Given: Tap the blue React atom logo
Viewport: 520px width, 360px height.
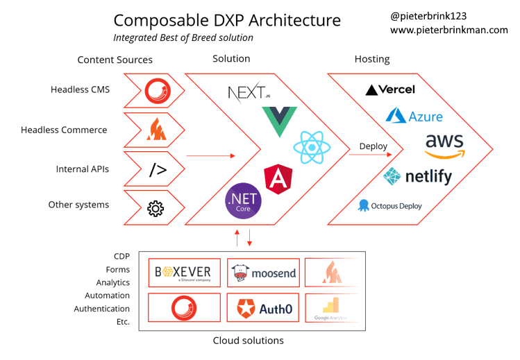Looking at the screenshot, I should point(312,148).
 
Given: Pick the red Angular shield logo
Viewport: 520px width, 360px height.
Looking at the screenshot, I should point(278,178).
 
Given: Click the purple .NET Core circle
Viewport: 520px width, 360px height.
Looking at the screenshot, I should point(244,202).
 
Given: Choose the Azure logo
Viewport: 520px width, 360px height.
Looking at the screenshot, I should point(414,115).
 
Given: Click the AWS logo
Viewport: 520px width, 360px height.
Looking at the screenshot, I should point(444,144).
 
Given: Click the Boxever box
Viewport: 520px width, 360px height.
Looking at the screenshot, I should point(183,272).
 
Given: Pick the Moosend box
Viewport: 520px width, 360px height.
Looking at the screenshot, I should point(263,272).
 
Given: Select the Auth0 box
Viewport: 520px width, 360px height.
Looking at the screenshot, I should point(263,307).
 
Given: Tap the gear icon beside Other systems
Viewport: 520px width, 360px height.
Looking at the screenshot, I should point(156,207).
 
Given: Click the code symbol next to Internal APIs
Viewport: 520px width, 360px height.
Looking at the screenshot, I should point(158,169).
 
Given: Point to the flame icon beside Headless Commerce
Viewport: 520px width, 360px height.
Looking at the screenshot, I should point(155,130).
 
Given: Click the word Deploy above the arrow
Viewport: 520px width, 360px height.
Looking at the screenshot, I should point(374,146).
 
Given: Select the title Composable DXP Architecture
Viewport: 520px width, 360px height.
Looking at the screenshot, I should point(227,20).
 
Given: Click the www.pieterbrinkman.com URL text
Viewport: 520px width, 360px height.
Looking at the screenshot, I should point(448,30).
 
